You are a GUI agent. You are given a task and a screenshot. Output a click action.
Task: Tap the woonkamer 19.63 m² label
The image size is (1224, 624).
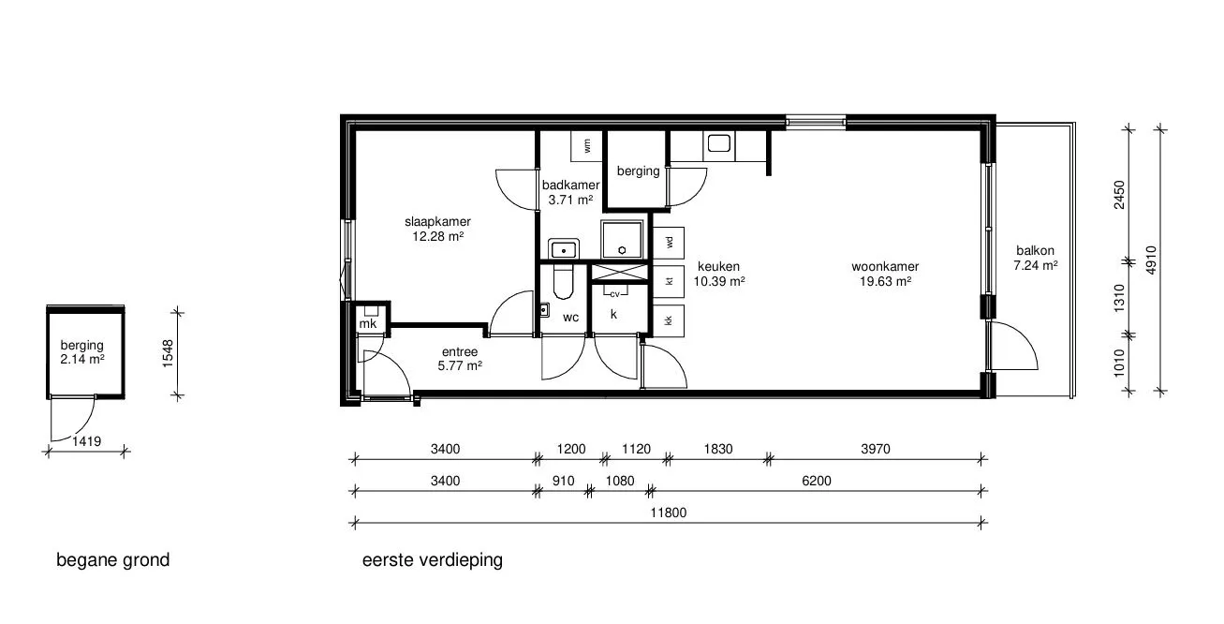point(885,274)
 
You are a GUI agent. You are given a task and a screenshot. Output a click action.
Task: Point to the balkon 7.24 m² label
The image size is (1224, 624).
point(1036,259)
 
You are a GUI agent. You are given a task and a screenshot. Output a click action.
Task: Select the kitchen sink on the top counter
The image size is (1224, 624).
point(719,144)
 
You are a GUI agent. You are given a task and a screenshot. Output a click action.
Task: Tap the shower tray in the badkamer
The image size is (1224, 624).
point(622,239)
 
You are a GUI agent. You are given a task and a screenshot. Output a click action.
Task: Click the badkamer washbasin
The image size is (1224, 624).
point(564,249)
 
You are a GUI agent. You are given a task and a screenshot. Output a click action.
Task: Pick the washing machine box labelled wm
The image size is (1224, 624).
point(587,146)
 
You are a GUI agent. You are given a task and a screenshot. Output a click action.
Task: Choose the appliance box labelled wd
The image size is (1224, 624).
point(669,243)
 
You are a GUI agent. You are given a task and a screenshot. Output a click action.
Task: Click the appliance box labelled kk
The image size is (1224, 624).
point(669,320)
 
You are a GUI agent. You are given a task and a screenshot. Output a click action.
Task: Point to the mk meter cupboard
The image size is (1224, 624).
point(368,319)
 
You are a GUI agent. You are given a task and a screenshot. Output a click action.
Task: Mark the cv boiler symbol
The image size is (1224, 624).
point(614,293)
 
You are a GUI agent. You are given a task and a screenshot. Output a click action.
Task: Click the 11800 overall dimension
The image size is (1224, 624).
point(669,513)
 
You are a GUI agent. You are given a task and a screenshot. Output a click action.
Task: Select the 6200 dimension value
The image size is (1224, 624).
point(817,481)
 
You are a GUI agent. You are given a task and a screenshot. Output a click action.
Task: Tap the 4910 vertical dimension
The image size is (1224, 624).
point(1151,260)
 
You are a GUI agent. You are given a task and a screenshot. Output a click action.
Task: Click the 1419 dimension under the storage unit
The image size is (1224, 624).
point(87,441)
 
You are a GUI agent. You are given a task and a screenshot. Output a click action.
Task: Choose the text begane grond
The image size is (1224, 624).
point(113,560)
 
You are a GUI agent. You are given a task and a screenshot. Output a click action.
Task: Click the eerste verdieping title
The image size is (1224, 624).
point(433,560)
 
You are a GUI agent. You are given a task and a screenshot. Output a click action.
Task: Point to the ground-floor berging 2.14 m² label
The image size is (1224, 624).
point(82,352)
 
